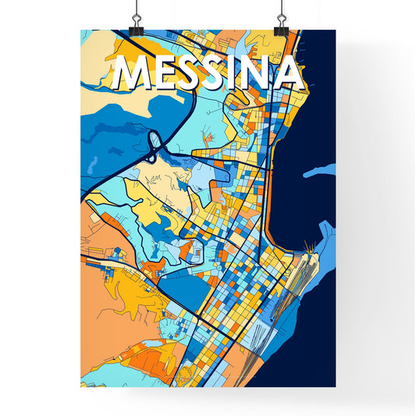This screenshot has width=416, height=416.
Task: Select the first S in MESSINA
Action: pyautogui.click(x=192, y=74)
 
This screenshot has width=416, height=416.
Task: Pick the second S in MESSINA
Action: pyautogui.click(x=219, y=74)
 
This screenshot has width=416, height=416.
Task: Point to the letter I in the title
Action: pyautogui.click(x=240, y=74)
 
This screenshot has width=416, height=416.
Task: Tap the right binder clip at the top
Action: pyautogui.click(x=281, y=19)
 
